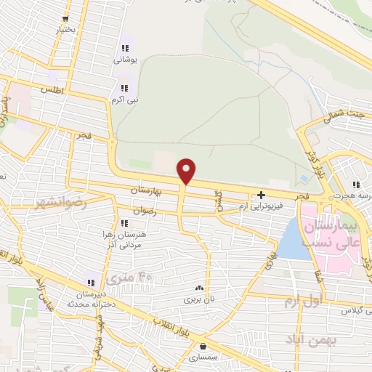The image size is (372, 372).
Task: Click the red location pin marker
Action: [x=187, y=171]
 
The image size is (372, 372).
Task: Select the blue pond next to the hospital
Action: [x=293, y=240]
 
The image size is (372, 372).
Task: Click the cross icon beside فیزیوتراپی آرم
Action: [x=261, y=195]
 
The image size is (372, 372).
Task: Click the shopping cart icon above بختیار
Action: [x=66, y=19]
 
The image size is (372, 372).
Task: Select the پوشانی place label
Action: [x=125, y=60]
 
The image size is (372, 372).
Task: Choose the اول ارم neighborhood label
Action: [x=301, y=299]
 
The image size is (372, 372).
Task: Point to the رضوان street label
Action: [x=143, y=211]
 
